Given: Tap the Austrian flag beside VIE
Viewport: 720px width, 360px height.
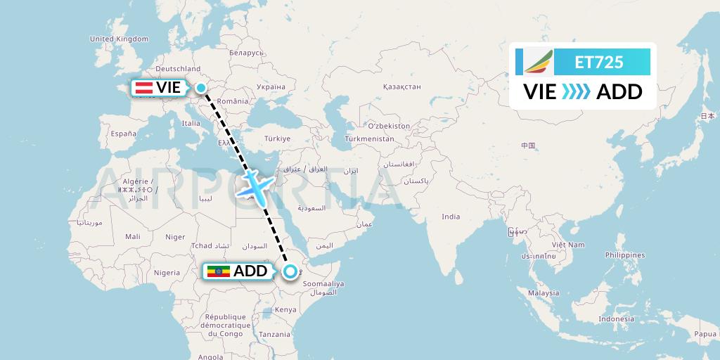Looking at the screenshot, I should tap(144, 88).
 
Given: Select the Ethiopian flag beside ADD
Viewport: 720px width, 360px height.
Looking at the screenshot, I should tap(218, 271).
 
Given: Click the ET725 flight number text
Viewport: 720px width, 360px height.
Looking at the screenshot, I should tap(598, 62).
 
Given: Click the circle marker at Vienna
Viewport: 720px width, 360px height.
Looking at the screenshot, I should tap(201, 88).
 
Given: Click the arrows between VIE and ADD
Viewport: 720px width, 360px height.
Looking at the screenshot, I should tap(577, 91).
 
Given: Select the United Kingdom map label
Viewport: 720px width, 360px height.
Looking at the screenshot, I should tap(120, 39).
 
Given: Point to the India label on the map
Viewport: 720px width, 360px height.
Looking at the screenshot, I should tap(451, 217).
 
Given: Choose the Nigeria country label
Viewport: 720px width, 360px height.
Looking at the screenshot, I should tap(167, 273).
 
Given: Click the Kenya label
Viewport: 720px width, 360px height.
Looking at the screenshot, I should tap(285, 309).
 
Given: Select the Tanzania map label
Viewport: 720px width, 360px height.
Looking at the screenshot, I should tap(275, 335).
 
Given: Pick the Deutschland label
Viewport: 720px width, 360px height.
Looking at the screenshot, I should tap(178, 69).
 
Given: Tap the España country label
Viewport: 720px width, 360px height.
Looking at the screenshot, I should tap(123, 133).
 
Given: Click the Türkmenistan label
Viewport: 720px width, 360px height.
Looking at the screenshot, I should tap(369, 139).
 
